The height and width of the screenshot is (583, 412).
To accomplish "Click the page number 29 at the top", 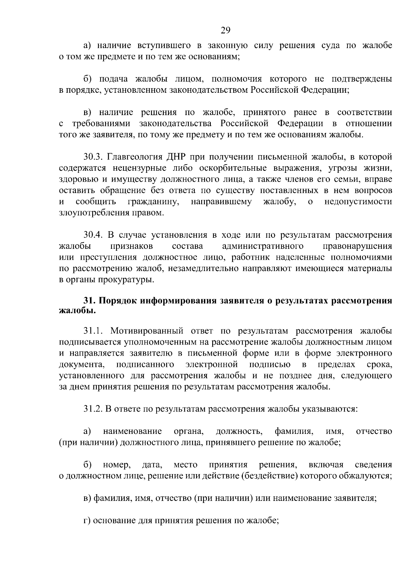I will pyautogui.click(x=225, y=31).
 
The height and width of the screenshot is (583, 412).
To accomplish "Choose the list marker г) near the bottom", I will pyautogui.click(x=87, y=520).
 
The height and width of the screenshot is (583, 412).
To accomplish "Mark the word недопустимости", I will pyautogui.click(x=358, y=202).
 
